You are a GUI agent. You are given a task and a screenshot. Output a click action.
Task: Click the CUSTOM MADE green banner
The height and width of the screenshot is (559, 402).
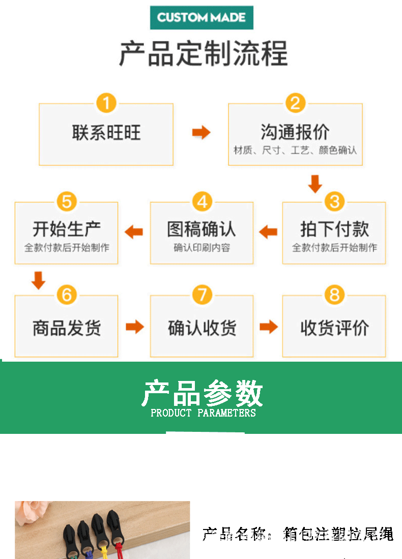[x=202, y=18]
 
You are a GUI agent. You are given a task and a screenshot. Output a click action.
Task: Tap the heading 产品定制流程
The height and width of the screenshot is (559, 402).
[x=203, y=53]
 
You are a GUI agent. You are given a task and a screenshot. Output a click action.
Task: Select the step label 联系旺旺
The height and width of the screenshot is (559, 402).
[x=106, y=133]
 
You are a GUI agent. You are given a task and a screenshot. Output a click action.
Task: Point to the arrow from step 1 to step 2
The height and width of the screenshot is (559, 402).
[x=201, y=133]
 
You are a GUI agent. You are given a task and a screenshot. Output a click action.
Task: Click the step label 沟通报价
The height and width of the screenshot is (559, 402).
[x=295, y=132]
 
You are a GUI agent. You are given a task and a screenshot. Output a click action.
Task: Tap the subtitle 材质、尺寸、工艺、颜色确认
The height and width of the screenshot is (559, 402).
[x=295, y=151]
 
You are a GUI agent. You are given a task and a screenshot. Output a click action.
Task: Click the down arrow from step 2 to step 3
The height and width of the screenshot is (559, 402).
[x=315, y=184]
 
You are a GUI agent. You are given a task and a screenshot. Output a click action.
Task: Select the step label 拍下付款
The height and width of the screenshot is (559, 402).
[x=334, y=229]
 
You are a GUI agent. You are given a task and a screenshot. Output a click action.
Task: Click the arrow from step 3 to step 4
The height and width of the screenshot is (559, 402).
[x=268, y=232]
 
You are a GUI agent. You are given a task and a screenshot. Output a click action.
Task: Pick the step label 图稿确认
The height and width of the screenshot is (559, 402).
[x=202, y=229]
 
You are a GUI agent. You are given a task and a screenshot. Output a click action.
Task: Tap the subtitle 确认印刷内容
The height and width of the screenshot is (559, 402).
[x=202, y=248]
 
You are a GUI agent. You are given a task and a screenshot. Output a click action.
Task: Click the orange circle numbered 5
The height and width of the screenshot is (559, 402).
[x=67, y=201]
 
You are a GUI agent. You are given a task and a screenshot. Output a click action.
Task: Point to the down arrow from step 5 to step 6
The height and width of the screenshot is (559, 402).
[x=39, y=280]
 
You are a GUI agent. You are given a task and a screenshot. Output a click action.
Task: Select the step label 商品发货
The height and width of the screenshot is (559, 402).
[x=67, y=328]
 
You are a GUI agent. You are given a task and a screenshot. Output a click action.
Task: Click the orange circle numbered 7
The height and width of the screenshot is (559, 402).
[x=202, y=295]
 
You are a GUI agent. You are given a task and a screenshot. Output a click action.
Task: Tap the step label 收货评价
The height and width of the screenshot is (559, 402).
[x=334, y=328]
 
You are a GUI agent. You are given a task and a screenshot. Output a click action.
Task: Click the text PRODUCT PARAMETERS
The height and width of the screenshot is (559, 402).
[x=203, y=413]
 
